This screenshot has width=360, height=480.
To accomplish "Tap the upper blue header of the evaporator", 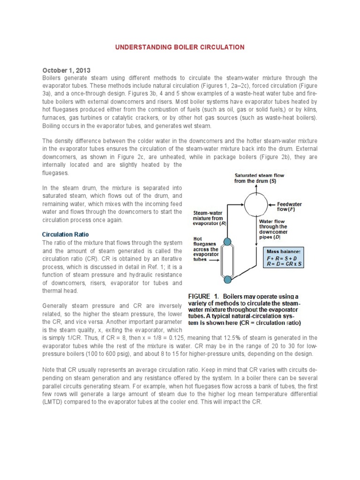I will pos(227,242).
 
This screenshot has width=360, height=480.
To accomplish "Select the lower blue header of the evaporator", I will pos(227,280).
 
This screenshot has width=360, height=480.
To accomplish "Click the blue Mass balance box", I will pos(284,258).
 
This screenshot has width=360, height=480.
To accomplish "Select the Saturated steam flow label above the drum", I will pos(259,178).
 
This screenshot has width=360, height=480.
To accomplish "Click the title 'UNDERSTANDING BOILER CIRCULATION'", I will pos(180,47).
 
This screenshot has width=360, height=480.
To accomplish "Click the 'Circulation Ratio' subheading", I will pos(65,234).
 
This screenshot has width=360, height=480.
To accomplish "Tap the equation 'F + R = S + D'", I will pos(283,258).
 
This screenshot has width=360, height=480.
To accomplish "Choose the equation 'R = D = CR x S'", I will pos(285,265).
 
